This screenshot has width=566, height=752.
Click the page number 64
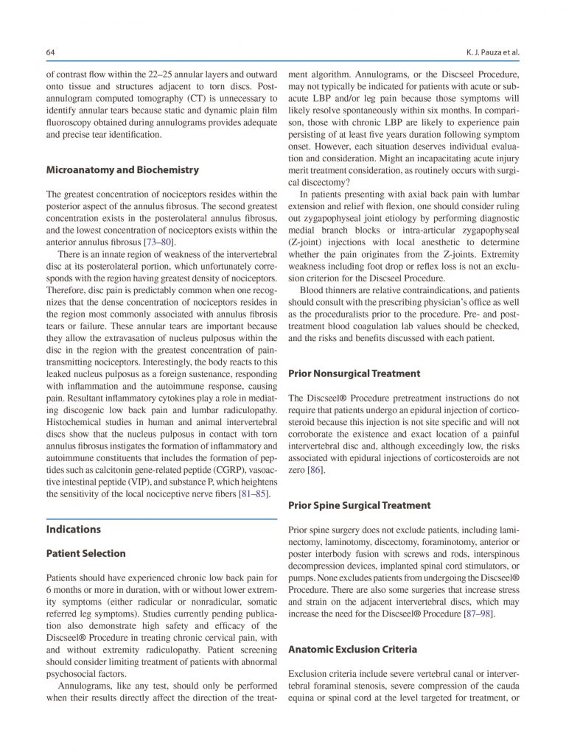coord(50,52)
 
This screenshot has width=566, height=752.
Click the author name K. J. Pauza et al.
coord(489,52)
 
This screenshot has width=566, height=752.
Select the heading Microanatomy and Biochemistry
coord(122,169)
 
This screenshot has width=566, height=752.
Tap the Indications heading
coord(74,529)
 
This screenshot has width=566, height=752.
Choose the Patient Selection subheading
coord(85,553)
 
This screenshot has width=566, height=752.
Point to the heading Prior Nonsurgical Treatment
coord(354,373)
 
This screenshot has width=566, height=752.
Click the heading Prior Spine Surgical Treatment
coord(359,505)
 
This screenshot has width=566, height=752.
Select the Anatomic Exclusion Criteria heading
coord(352,650)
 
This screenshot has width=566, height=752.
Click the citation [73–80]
coord(159,242)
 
